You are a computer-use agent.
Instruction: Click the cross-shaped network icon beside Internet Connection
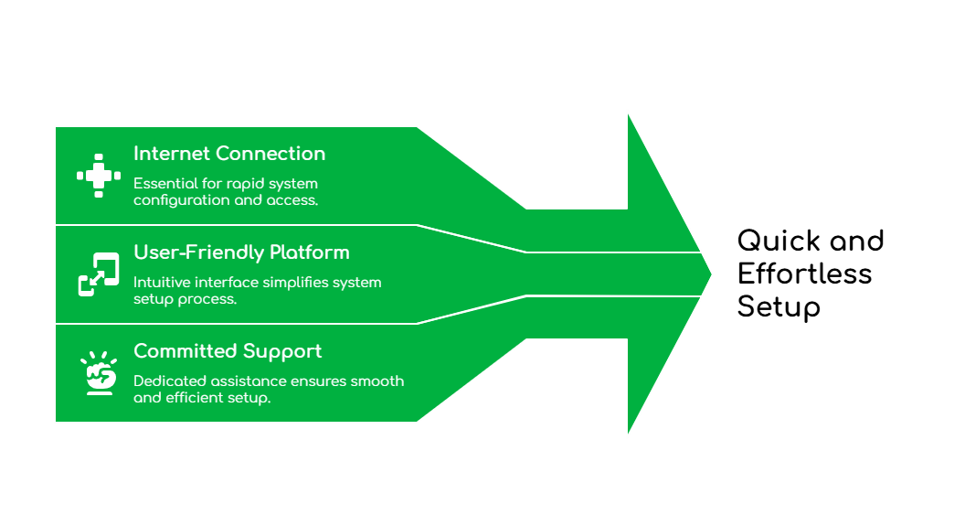pyautogui.click(x=98, y=176)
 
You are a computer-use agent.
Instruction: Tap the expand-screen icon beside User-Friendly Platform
pyautogui.click(x=98, y=274)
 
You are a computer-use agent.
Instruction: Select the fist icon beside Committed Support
pyautogui.click(x=99, y=373)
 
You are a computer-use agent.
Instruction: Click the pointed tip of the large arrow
pyautogui.click(x=711, y=273)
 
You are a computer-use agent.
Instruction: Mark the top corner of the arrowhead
pyautogui.click(x=628, y=112)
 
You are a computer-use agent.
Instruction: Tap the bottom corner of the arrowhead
pyautogui.click(x=628, y=435)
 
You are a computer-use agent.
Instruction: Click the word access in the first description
pyautogui.click(x=292, y=199)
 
